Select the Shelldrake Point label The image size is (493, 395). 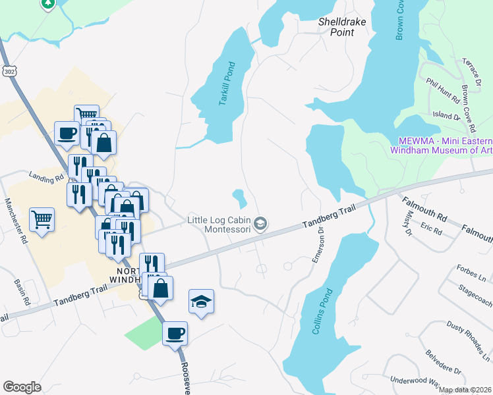(x=342, y=26)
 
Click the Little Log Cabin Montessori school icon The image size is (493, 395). (x=260, y=224)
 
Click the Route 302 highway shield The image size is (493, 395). (x=9, y=70)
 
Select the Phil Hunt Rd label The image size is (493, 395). (x=442, y=91)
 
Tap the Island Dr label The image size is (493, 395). (x=446, y=116)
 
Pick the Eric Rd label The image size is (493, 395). (x=432, y=228)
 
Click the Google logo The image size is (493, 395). (x=22, y=387)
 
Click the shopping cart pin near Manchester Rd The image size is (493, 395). (x=42, y=219)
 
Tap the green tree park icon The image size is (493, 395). (x=47, y=3)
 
